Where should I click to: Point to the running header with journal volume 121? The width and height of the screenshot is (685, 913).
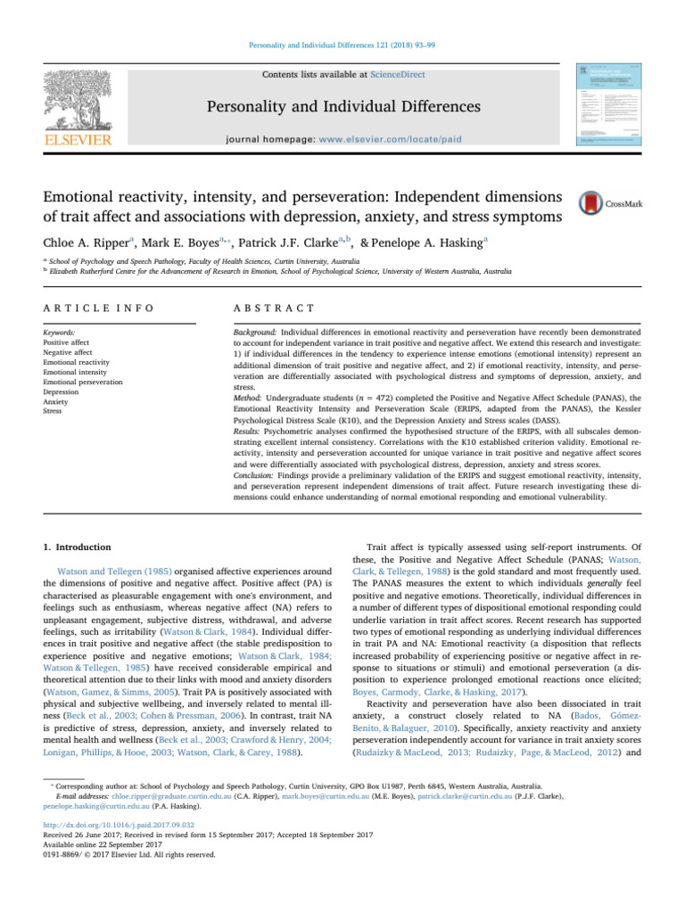point(342,44)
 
